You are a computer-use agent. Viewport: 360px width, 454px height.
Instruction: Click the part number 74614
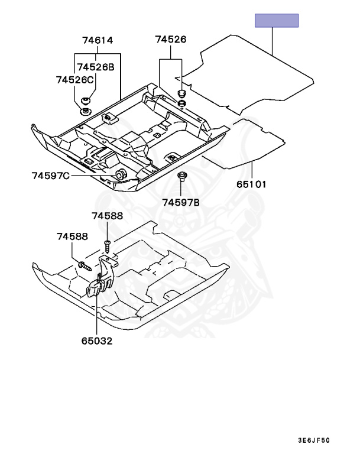[97, 40]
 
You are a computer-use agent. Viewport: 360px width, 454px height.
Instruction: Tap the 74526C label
[74, 79]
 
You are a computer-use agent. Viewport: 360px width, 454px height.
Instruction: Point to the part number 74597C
[51, 175]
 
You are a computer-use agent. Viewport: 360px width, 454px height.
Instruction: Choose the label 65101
[252, 184]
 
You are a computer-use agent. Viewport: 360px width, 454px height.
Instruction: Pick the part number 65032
[98, 341]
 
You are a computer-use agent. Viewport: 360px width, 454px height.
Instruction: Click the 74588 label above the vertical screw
[106, 216]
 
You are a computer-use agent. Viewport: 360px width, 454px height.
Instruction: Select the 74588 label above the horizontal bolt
[72, 237]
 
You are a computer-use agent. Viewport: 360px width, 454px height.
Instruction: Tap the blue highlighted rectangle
[276, 21]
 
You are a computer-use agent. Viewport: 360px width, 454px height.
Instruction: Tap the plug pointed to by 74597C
[120, 174]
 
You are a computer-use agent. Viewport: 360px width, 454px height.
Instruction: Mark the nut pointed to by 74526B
[86, 101]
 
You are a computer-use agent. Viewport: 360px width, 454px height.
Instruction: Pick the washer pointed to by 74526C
[85, 111]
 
